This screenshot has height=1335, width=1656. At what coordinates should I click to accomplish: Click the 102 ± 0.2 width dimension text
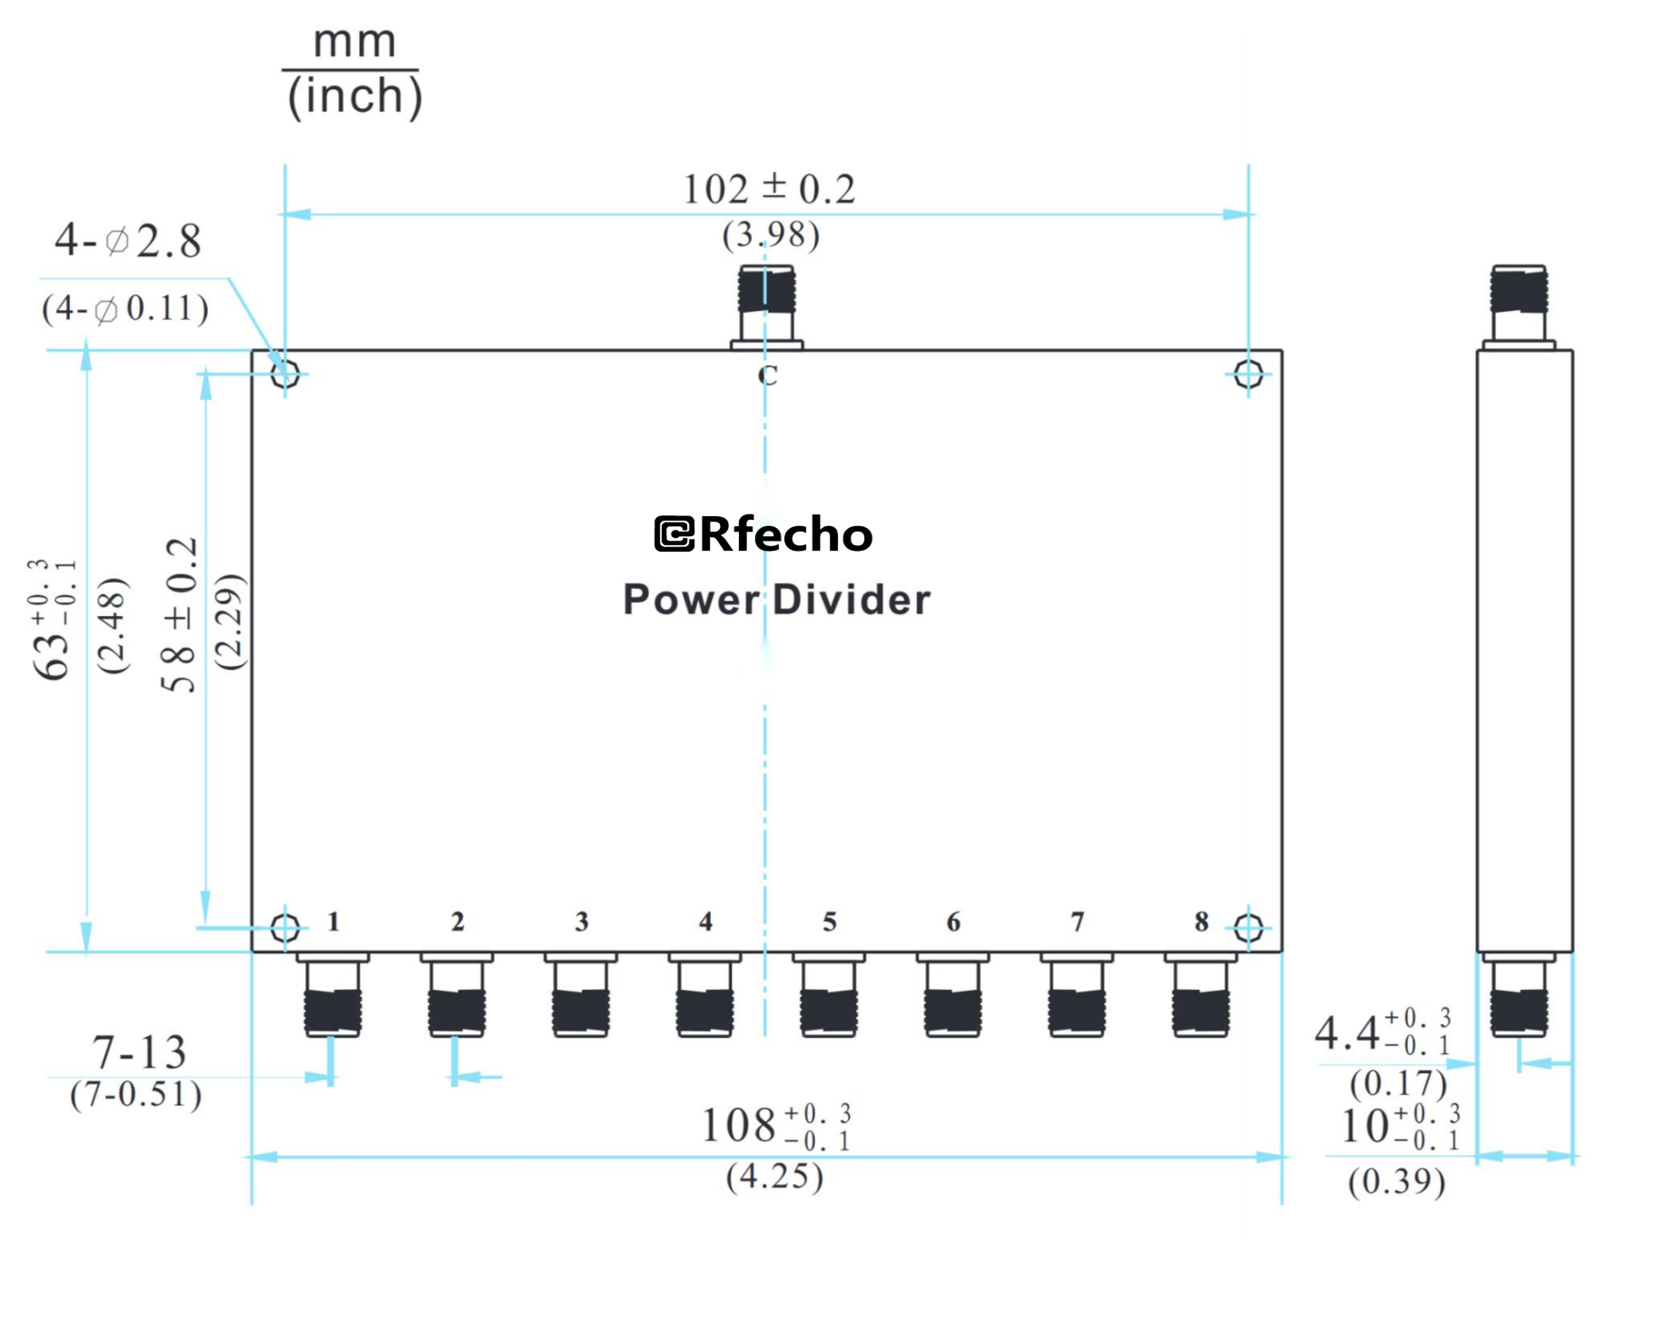[768, 189]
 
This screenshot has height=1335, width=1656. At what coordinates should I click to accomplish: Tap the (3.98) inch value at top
[771, 235]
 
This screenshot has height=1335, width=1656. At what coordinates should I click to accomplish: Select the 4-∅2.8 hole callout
[128, 241]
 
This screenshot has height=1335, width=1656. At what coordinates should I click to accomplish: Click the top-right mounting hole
[1248, 374]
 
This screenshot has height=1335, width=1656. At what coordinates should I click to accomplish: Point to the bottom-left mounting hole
[285, 928]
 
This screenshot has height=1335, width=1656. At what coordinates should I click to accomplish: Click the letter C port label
[767, 375]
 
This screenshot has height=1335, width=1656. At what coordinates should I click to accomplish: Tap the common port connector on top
[766, 305]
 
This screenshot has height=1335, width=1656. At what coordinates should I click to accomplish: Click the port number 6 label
[953, 922]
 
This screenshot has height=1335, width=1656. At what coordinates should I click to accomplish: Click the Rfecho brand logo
[763, 534]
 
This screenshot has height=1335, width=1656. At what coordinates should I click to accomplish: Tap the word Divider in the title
[852, 601]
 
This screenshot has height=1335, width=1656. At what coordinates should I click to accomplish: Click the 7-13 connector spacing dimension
[139, 1052]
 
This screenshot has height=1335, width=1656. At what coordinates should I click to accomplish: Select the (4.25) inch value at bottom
[774, 1177]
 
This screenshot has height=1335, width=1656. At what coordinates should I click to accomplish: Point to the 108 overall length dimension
[738, 1125]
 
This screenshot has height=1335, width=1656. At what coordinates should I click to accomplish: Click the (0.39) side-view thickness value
[1396, 1182]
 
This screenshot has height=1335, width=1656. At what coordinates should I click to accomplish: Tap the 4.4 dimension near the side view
[1347, 1034]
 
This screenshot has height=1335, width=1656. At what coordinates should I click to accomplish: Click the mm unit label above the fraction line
[354, 42]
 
